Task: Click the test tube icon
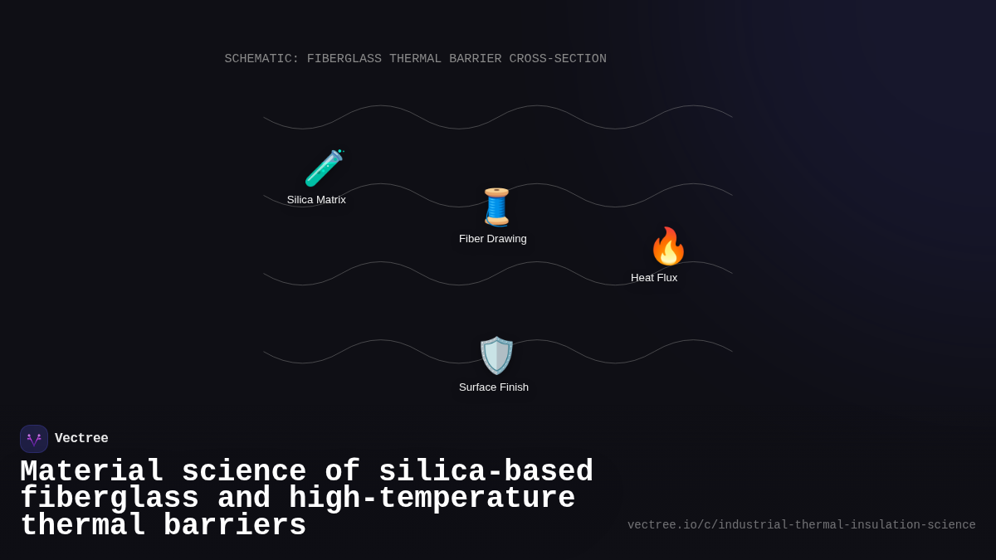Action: click(324, 168)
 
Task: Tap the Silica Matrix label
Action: click(316, 200)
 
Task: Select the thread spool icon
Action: click(496, 207)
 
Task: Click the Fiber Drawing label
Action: click(493, 239)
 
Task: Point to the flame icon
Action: click(668, 246)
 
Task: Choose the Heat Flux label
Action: click(654, 278)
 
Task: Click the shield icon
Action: click(496, 355)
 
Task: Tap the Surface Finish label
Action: click(494, 387)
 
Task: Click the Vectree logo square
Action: click(34, 439)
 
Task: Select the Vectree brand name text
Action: click(81, 439)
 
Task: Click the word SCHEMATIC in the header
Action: click(261, 60)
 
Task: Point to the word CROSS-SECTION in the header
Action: click(558, 60)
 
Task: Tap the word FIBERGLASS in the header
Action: click(344, 60)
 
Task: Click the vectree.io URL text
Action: click(801, 525)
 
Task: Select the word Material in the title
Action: click(92, 472)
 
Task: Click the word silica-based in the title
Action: click(486, 472)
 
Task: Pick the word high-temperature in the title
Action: click(432, 499)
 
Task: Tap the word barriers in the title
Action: click(235, 526)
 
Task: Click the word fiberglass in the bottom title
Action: click(110, 499)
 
